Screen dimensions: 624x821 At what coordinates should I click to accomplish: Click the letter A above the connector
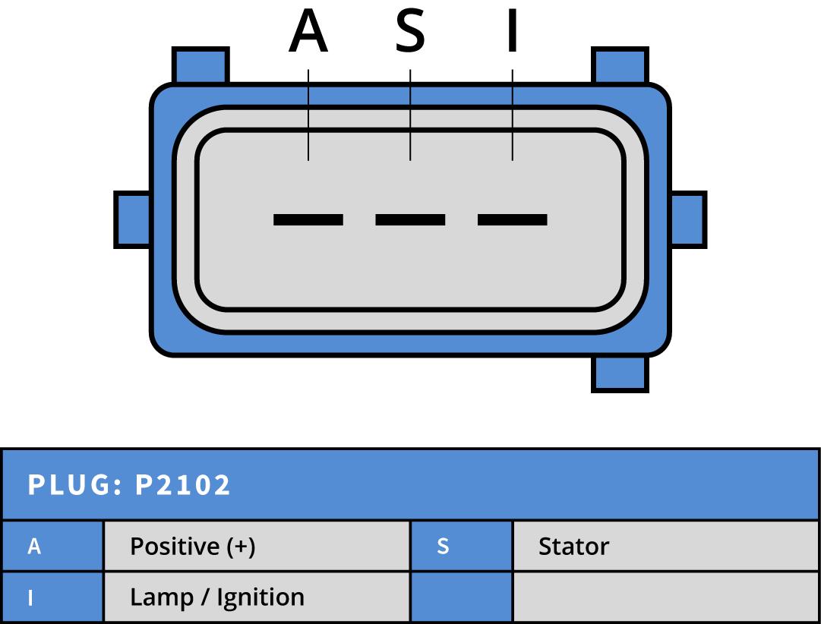click(308, 33)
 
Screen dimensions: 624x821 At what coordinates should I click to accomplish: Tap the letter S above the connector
click(410, 33)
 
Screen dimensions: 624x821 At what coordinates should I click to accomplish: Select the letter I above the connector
click(513, 33)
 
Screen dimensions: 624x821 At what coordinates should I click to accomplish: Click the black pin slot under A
click(308, 219)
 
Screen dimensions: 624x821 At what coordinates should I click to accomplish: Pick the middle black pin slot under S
click(410, 219)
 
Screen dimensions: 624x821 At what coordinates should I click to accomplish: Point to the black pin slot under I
click(513, 219)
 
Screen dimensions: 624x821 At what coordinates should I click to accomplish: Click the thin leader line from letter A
click(308, 114)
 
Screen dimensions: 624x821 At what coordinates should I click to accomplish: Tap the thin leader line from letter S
click(410, 114)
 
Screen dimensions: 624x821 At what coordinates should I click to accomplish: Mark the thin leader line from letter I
click(513, 114)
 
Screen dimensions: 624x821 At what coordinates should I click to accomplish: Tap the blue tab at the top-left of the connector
click(201, 65)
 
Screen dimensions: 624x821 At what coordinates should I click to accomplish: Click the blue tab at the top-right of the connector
click(620, 65)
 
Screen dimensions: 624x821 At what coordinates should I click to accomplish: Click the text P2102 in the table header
click(183, 485)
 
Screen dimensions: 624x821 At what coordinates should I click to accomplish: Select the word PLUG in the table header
click(69, 485)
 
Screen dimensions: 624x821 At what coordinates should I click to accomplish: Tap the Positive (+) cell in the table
click(192, 547)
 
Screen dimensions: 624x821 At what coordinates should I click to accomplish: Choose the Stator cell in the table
click(573, 547)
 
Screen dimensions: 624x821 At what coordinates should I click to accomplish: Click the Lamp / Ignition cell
click(217, 597)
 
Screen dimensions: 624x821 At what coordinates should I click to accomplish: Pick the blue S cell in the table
click(444, 547)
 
